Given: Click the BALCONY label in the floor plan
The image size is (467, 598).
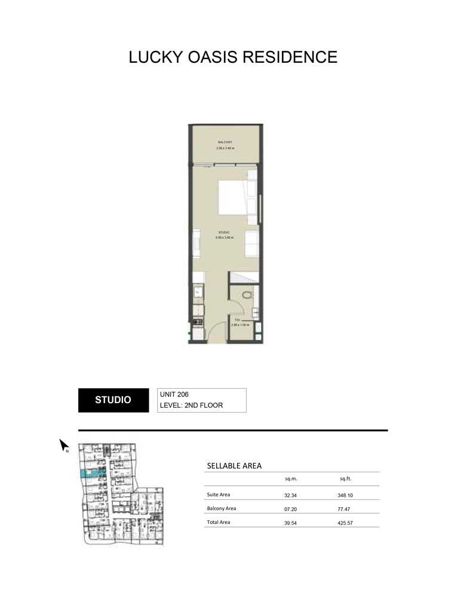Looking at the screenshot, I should [x=225, y=142].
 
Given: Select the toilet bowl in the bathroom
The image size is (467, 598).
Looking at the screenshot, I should [x=246, y=297].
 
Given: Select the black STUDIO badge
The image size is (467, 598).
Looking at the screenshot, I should [x=113, y=400].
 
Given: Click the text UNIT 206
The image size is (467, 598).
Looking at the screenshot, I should [x=174, y=395].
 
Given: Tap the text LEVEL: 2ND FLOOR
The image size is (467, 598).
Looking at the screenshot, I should [x=191, y=405].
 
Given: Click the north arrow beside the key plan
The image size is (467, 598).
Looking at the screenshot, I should [x=63, y=446].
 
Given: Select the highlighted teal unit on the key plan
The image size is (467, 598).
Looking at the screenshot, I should [x=92, y=473].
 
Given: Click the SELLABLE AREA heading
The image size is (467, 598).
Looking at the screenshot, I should [x=234, y=466].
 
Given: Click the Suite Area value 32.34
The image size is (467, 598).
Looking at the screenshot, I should [x=291, y=495].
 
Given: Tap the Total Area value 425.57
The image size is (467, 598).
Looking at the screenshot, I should [x=346, y=523].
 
